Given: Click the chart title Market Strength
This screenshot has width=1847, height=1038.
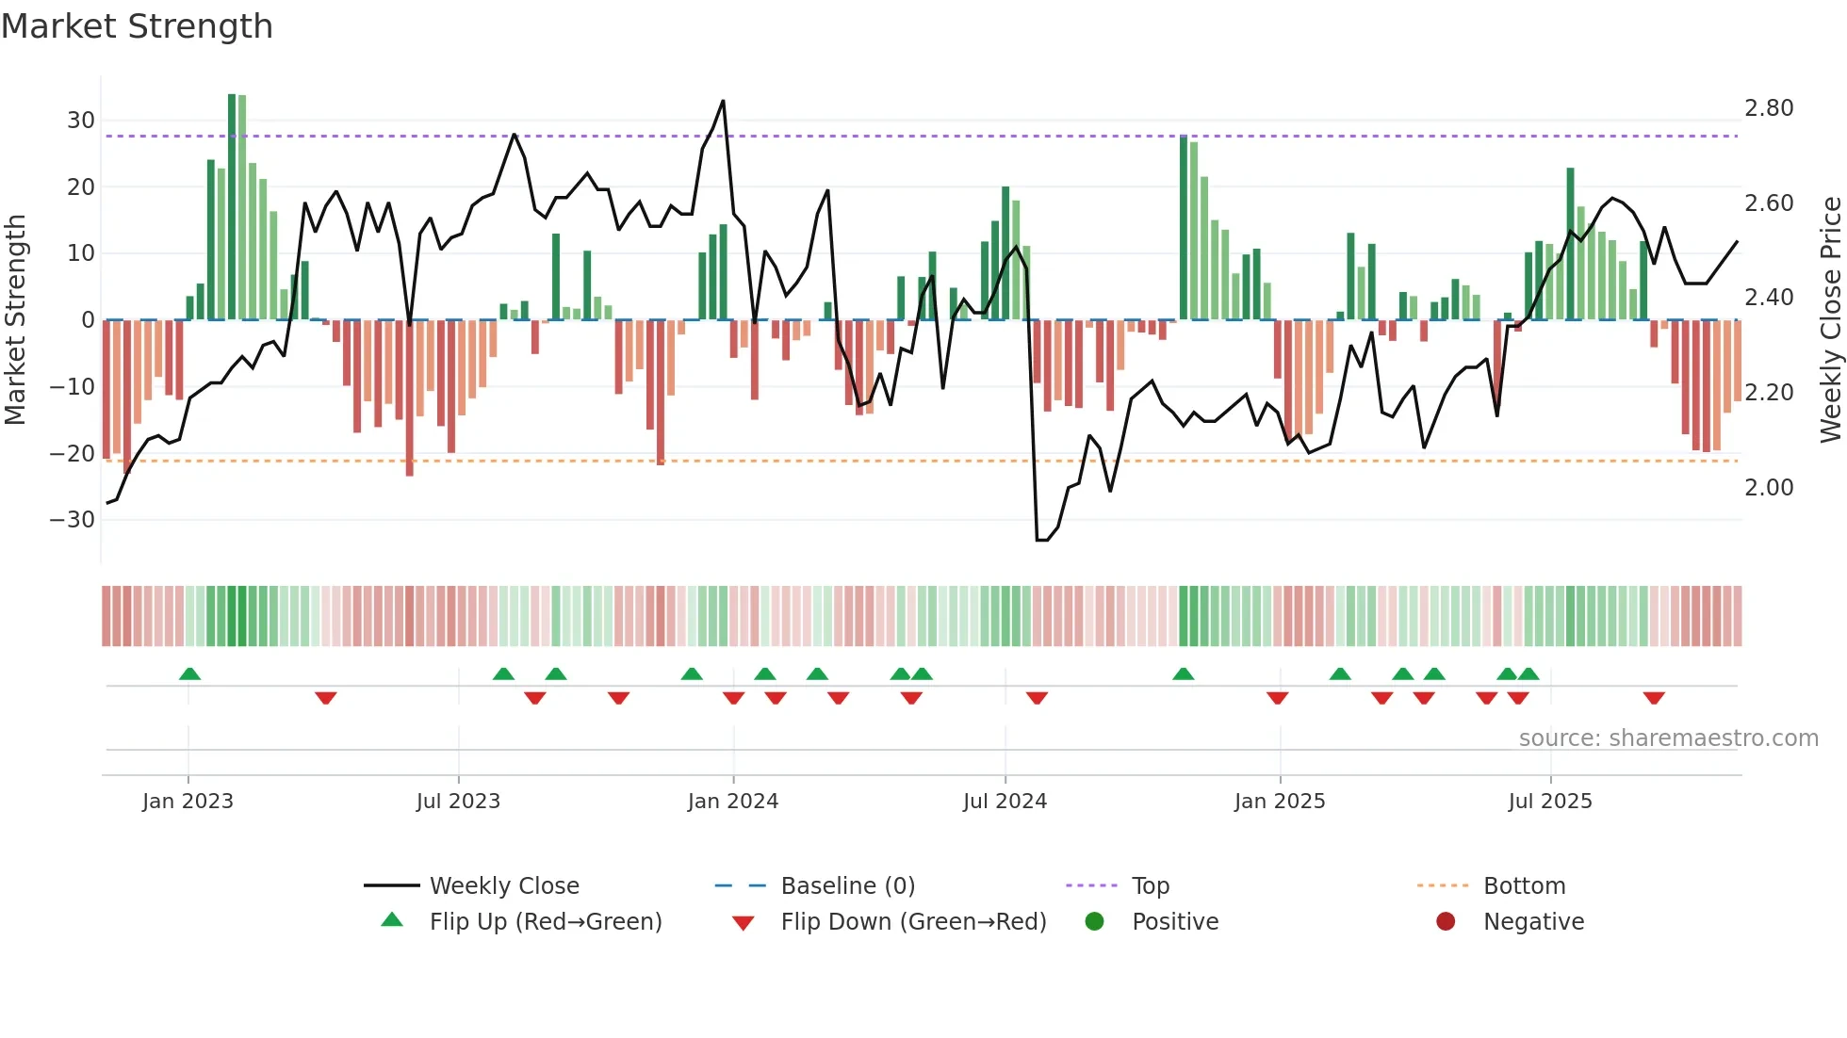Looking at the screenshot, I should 137,26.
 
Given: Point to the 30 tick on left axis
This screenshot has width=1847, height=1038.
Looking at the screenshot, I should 81,121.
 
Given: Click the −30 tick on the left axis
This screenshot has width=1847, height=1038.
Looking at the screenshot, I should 73,520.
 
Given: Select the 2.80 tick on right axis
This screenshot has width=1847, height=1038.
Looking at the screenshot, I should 1769,108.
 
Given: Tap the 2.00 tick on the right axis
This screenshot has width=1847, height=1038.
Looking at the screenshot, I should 1769,488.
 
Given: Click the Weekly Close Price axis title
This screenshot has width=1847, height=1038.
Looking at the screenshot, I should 1830,320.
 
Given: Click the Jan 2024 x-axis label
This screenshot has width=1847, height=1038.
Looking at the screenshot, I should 733,802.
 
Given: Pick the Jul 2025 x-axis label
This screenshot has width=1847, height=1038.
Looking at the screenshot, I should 1550,802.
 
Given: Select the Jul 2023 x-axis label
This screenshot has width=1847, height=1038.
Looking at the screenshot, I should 458,802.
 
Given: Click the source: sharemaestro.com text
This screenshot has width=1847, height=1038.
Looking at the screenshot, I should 1668,738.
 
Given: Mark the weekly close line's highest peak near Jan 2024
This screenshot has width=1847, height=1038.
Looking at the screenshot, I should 723,101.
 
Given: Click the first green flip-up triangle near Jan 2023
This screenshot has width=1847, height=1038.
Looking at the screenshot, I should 189,673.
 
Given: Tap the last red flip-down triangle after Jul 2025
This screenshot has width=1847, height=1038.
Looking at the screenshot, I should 1654,698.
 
